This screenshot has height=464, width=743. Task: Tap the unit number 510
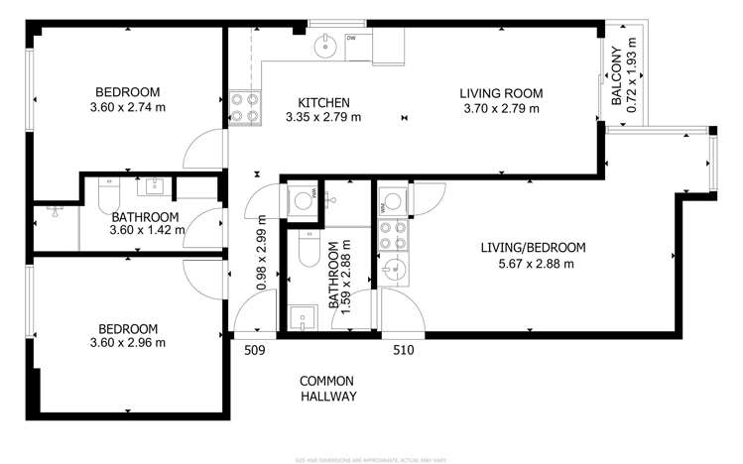(403, 349)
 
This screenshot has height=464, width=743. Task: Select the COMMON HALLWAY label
(328, 388)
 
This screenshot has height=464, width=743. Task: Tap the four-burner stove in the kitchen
(244, 106)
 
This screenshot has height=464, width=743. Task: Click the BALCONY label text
(617, 77)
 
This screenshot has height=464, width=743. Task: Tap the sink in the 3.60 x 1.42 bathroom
(154, 185)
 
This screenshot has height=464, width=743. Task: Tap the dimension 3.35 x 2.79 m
(323, 117)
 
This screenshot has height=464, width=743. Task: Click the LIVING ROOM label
(502, 94)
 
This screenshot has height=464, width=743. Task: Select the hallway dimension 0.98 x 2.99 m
(262, 254)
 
